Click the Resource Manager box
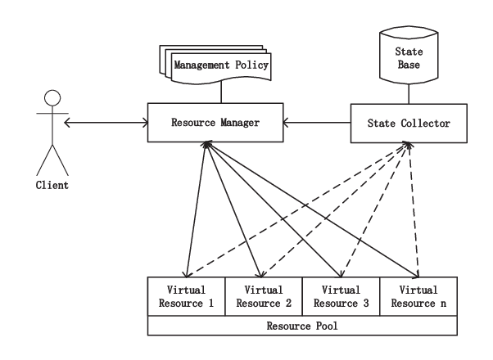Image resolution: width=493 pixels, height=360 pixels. pyautogui.click(x=215, y=123)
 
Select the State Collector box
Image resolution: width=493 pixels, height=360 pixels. pyautogui.click(x=409, y=124)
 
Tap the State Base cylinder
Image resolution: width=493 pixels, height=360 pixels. pyautogui.click(x=409, y=56)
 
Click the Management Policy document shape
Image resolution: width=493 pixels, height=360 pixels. pyautogui.click(x=215, y=65)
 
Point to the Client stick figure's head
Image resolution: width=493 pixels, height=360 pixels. pyautogui.click(x=52, y=98)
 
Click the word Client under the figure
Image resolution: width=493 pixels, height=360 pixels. pyautogui.click(x=52, y=185)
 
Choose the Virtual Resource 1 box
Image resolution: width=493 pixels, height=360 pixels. pyautogui.click(x=187, y=296)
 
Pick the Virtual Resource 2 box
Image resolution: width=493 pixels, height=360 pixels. pyautogui.click(x=264, y=296)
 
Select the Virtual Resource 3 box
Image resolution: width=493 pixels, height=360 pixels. pyautogui.click(x=341, y=296)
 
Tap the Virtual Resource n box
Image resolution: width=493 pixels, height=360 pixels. pyautogui.click(x=418, y=296)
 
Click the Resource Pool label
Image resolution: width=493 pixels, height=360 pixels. pyautogui.click(x=302, y=326)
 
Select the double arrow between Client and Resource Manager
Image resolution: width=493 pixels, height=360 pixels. pyautogui.click(x=106, y=123)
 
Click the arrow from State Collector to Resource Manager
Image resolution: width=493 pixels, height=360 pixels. pyautogui.click(x=317, y=123)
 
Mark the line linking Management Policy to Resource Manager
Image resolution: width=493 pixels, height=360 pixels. pyautogui.click(x=221, y=92)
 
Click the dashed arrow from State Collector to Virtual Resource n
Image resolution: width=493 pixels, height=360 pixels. pyautogui.click(x=414, y=209)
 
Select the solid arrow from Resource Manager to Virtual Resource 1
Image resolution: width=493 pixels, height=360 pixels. pyautogui.click(x=197, y=209)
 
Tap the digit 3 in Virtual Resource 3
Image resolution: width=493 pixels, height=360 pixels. pyautogui.click(x=366, y=304)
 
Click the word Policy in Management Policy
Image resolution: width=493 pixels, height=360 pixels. pyautogui.click(x=252, y=65)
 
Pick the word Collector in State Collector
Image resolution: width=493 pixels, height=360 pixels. pyautogui.click(x=425, y=124)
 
